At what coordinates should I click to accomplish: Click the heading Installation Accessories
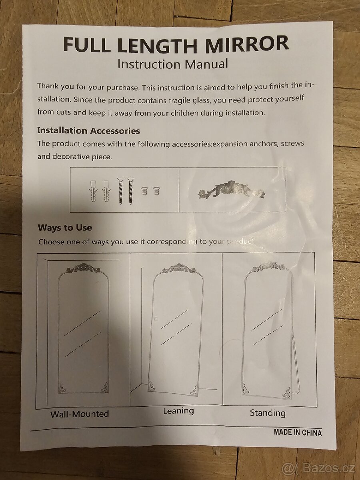coord(88,131)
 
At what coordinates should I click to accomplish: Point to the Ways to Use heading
coord(65,228)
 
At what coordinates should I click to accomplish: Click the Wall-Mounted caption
coord(80,414)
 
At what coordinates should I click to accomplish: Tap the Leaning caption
coord(178,411)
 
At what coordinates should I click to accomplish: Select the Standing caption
coord(268,413)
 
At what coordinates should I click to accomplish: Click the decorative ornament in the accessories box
coord(231,190)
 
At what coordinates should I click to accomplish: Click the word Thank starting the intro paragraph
coord(48,86)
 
